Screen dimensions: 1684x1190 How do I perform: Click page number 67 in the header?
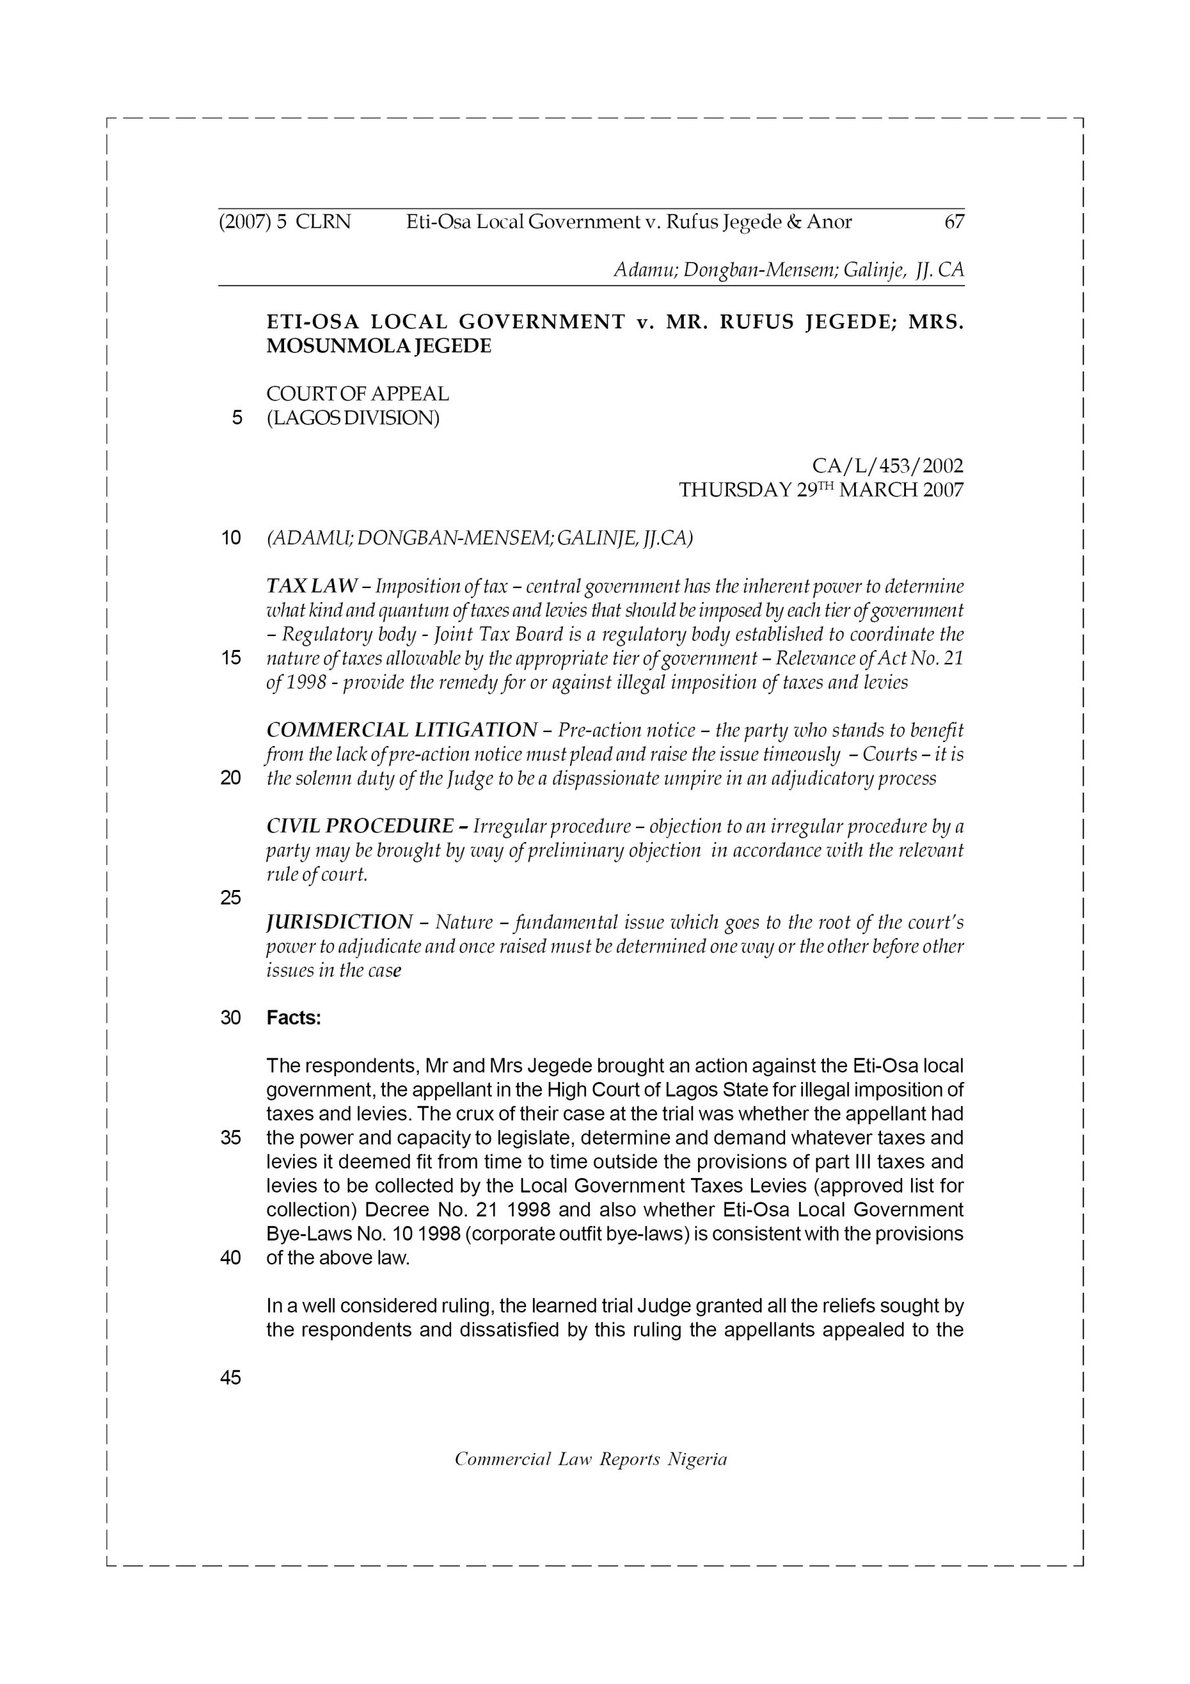point(954,222)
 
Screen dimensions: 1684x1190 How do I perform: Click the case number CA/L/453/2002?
point(887,466)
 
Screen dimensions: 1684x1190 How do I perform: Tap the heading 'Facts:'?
point(293,1018)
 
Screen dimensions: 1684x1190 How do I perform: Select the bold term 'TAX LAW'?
point(312,586)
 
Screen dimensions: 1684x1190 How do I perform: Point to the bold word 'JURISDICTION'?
point(339,922)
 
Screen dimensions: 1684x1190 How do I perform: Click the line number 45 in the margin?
point(230,1378)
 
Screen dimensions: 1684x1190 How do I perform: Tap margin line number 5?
point(236,418)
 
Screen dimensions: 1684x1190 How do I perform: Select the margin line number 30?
point(230,1018)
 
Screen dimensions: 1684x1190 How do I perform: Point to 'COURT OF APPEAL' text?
point(357,394)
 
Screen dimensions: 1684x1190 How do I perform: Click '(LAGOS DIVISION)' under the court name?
point(352,418)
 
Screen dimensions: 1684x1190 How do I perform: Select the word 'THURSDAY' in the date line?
point(734,490)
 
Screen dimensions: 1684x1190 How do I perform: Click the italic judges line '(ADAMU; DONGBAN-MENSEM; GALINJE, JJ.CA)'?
point(479,537)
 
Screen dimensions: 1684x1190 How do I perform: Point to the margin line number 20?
point(230,778)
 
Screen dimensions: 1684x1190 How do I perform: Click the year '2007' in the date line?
point(943,490)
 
